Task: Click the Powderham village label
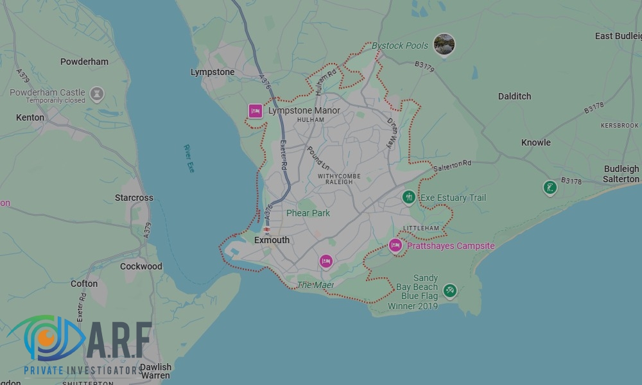(x=84, y=62)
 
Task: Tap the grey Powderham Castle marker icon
(x=97, y=94)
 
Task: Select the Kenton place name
(x=30, y=117)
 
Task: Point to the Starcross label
(x=134, y=198)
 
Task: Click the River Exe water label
(x=189, y=158)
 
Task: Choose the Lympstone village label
(x=213, y=72)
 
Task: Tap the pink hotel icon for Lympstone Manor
(x=256, y=111)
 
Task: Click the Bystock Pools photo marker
(x=444, y=44)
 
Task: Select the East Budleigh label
(x=617, y=36)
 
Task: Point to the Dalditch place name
(x=514, y=96)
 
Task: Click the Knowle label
(x=535, y=142)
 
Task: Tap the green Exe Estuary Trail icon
(x=408, y=198)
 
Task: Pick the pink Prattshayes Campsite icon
(x=395, y=245)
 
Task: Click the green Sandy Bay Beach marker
(x=450, y=291)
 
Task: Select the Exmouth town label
(x=272, y=240)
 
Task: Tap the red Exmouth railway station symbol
(x=266, y=229)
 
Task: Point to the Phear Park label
(x=308, y=213)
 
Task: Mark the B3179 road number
(x=424, y=65)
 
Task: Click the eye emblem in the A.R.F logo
(x=44, y=338)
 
